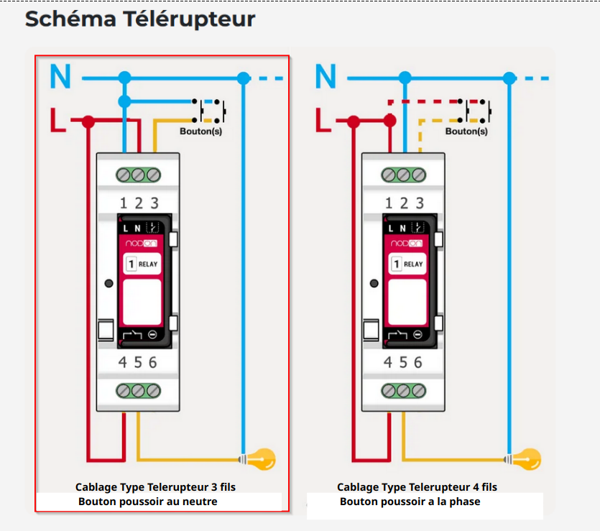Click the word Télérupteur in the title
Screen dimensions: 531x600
click(x=193, y=19)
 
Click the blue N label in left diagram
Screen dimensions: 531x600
click(x=61, y=76)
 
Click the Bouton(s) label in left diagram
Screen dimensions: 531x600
click(x=200, y=131)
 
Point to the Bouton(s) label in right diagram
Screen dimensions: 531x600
click(x=466, y=131)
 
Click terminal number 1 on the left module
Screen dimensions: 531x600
click(x=123, y=203)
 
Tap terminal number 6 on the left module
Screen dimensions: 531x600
click(x=153, y=363)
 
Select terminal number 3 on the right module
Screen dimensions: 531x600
click(x=420, y=203)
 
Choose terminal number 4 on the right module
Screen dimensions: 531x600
click(x=388, y=363)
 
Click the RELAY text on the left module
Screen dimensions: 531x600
click(x=148, y=264)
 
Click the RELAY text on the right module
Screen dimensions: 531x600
click(x=414, y=264)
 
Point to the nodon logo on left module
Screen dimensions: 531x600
click(x=141, y=244)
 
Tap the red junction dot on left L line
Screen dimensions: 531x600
click(x=88, y=122)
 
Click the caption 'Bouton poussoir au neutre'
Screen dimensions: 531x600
click(x=147, y=502)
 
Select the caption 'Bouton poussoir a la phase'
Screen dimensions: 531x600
click(x=410, y=502)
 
